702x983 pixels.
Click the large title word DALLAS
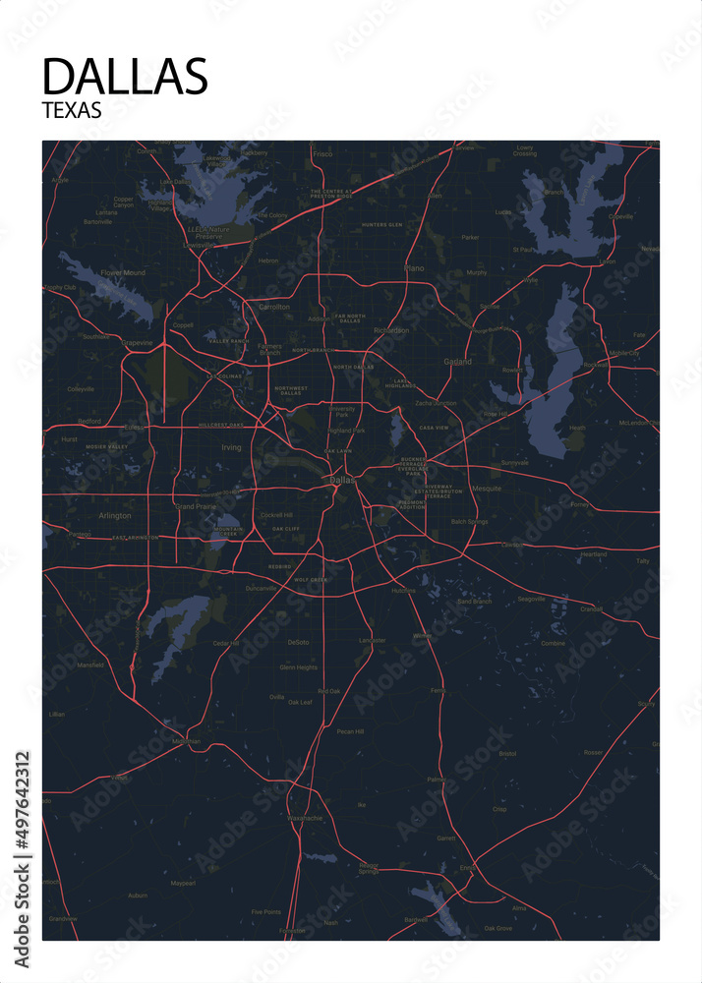coord(125,77)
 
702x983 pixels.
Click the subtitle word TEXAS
coord(72,111)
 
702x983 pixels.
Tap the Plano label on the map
coord(414,266)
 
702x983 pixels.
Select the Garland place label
coord(457,361)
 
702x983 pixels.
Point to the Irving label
coord(231,447)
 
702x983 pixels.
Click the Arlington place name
coord(114,515)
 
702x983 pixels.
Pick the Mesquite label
coord(487,489)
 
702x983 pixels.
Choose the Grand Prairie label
coord(195,506)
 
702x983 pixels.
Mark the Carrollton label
coord(274,307)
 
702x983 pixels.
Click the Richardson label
coord(391,330)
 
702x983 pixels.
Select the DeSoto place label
coord(298,642)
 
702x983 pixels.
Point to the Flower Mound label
coord(123,272)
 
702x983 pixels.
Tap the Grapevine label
coord(138,342)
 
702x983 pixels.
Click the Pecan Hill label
coord(350,731)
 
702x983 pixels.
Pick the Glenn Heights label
coord(298,666)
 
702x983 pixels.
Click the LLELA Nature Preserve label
coord(207,233)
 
